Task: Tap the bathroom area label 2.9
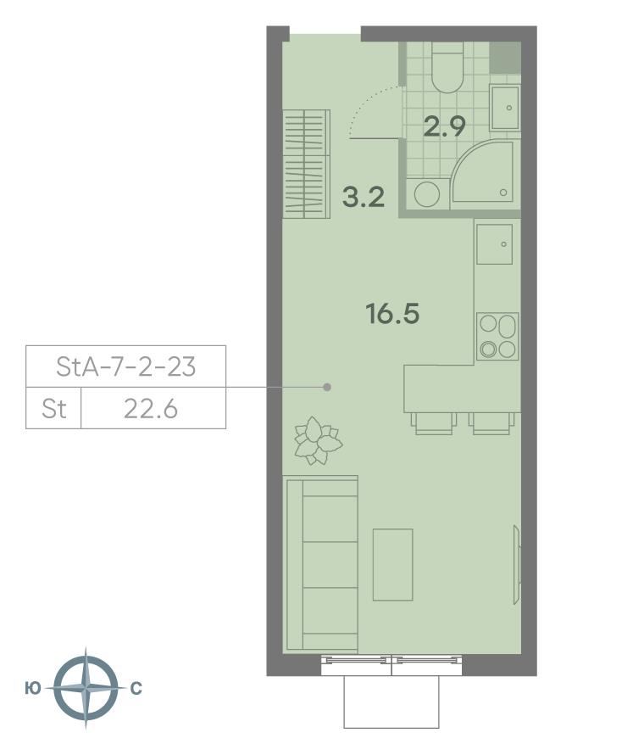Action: [444, 127]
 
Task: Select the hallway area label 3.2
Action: [364, 198]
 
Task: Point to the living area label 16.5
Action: [392, 314]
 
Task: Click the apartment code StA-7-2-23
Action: [126, 366]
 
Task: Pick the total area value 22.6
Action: [151, 409]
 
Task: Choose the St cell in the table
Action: [54, 409]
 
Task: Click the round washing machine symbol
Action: [427, 194]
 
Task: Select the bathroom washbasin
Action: [505, 109]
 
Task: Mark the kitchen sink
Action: [494, 244]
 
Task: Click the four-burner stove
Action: [497, 337]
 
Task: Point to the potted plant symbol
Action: [318, 440]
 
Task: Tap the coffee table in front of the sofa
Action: [393, 565]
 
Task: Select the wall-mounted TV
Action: [517, 565]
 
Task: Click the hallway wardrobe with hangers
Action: [307, 165]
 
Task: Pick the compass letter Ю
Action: [32, 689]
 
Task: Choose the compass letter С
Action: [136, 689]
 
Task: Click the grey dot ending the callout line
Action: [327, 387]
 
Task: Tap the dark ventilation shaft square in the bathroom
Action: [506, 58]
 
